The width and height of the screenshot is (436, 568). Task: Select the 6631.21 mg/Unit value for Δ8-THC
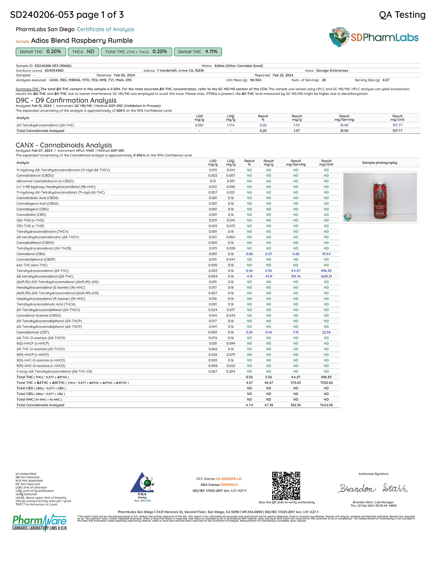point(326,276)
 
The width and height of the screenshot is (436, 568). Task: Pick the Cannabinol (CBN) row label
point(31,254)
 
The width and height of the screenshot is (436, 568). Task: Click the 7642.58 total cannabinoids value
point(326,405)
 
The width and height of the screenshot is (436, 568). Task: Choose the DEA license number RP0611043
point(229,485)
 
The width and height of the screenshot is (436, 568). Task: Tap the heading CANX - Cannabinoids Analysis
point(64,145)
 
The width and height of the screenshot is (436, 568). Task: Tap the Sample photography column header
point(379,163)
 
